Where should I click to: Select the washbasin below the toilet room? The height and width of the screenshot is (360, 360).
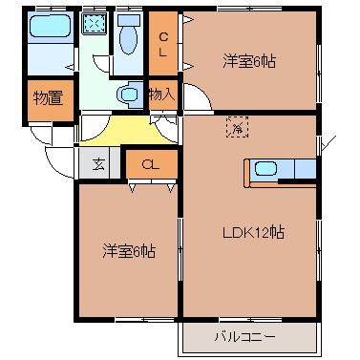pyautogui.click(x=127, y=95)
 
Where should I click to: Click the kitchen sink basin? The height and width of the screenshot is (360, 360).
pyautogui.click(x=265, y=170)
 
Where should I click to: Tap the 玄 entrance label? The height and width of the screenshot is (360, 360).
pyautogui.click(x=99, y=163)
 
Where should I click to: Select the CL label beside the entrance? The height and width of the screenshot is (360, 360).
pyautogui.click(x=150, y=164)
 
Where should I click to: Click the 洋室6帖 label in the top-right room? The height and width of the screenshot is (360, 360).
pyautogui.click(x=250, y=61)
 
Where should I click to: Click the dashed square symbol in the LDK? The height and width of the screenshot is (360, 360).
pyautogui.click(x=236, y=125)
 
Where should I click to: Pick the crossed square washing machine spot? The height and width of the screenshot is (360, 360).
pyautogui.click(x=94, y=25)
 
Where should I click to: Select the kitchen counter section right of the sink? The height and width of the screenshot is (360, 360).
pyautogui.click(x=303, y=170)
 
